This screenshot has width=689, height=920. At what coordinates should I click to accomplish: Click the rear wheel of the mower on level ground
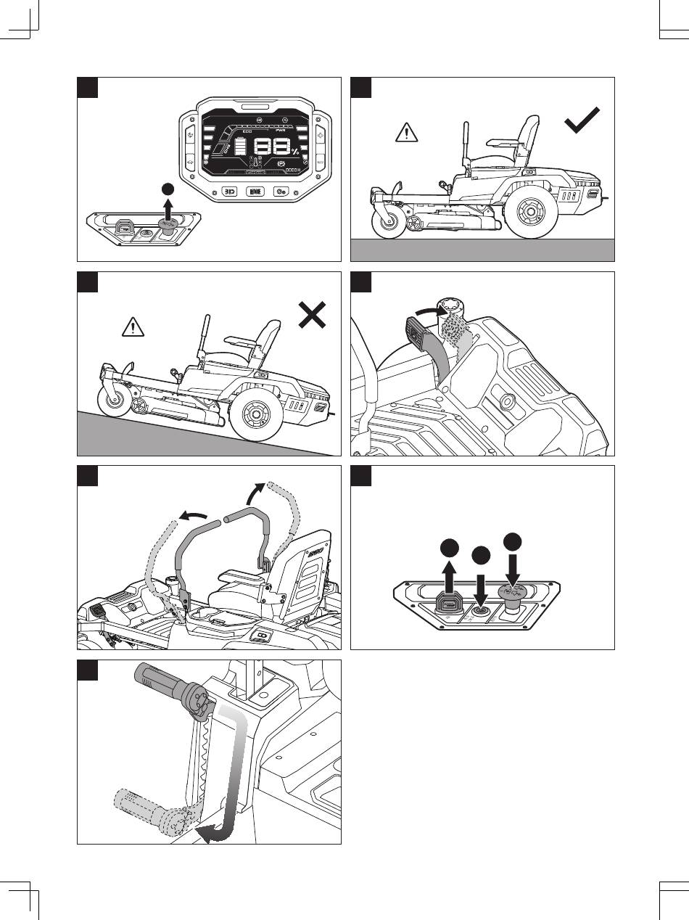530,215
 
